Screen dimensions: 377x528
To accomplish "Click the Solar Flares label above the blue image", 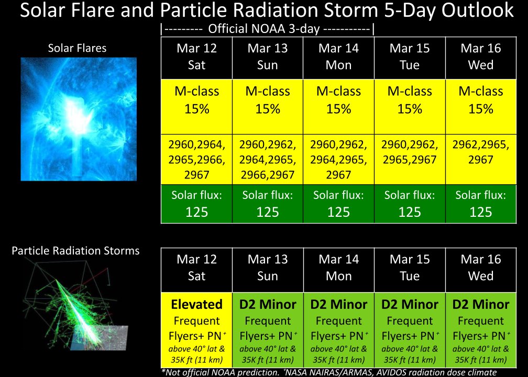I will coord(77,48).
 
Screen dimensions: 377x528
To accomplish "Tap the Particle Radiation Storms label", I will coord(75,251).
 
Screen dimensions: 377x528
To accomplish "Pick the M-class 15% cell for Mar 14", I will coord(338,100).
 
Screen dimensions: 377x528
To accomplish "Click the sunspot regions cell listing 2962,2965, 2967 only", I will coord(480,153).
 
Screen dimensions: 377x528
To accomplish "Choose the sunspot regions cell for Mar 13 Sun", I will coord(267,160).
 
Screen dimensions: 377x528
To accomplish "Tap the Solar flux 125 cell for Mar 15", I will coord(410,204).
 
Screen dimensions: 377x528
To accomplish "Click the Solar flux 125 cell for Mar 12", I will coord(196,204).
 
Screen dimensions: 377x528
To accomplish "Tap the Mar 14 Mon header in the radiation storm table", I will coord(338,268).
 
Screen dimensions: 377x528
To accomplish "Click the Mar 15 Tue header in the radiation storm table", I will coord(410,268).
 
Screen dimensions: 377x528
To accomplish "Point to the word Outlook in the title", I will coord(473,10).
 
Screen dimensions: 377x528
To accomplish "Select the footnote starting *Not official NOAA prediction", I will coord(328,372).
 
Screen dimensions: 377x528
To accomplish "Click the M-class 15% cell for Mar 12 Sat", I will coord(196,100).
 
